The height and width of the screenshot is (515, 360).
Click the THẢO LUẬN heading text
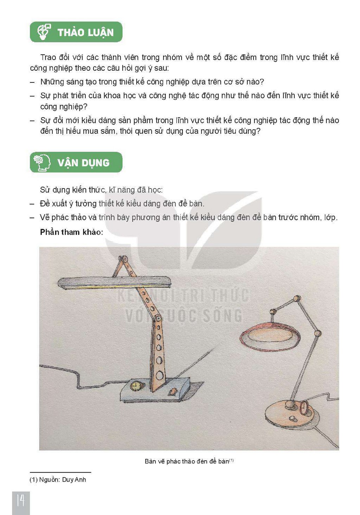pyautogui.click(x=85, y=32)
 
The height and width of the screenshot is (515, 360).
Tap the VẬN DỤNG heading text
pyautogui.click(x=84, y=163)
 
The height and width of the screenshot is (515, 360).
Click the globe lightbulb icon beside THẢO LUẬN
pyautogui.click(x=44, y=32)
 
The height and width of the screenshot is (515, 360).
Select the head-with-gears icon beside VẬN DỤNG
pyautogui.click(x=42, y=163)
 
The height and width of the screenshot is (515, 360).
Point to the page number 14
pyautogui.click(x=20, y=500)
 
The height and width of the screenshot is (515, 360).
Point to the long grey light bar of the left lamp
pyautogui.click(x=114, y=282)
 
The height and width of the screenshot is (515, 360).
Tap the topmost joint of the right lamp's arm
pyautogui.click(x=297, y=298)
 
